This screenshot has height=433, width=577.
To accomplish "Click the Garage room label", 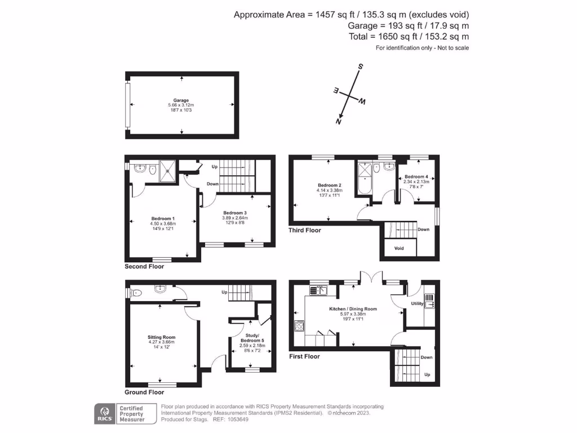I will click(181, 100).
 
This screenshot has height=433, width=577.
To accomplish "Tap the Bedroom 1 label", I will click(163, 219).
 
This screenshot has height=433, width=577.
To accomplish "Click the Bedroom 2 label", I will click(329, 185).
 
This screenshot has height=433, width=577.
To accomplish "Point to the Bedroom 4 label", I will click(416, 176).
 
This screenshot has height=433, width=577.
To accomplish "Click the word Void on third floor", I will click(399, 248).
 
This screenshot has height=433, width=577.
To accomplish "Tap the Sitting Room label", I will click(162, 337).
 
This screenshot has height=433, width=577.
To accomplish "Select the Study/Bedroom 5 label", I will click(251, 338).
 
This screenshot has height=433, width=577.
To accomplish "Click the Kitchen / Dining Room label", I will click(353, 309).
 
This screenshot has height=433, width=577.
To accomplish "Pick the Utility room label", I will click(417, 304).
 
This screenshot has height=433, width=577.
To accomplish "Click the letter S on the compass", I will click(361, 66).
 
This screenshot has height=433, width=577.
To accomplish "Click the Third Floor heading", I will click(305, 230).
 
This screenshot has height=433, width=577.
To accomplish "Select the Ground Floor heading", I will click(144, 392).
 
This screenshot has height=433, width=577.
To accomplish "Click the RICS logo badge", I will click(104, 413).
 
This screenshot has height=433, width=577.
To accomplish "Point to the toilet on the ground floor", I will click(134, 293).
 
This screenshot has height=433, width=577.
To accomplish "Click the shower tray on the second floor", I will click(167, 171).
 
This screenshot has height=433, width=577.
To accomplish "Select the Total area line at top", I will click(409, 36).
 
